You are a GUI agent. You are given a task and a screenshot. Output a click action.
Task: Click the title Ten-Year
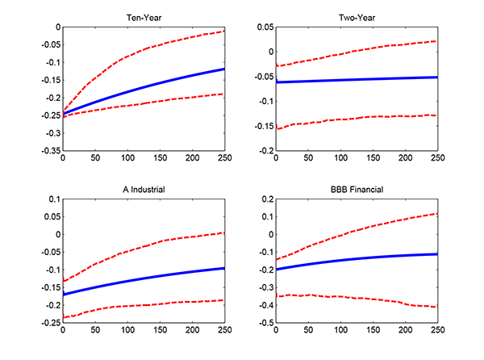pyautogui.click(x=143, y=17)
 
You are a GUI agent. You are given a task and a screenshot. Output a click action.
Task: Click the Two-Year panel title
pyautogui.click(x=356, y=17)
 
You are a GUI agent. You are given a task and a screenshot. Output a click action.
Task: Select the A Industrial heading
pyautogui.click(x=143, y=189)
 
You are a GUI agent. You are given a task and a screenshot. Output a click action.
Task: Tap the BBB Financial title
pyautogui.click(x=356, y=189)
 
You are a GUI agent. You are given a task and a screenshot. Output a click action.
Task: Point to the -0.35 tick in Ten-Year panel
pyautogui.click(x=51, y=150)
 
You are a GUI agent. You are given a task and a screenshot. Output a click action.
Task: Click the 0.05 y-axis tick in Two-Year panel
pyautogui.click(x=265, y=27)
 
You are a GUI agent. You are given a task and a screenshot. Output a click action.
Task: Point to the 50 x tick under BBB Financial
pyautogui.click(x=308, y=330)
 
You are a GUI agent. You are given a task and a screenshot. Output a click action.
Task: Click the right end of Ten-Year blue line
pyautogui.click(x=223, y=69)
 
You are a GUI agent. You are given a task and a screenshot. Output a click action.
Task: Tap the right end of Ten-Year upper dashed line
pyautogui.click(x=223, y=31)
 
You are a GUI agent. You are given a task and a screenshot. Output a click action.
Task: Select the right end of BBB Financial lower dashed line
pyautogui.click(x=436, y=307)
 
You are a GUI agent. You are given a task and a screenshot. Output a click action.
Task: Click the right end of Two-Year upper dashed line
pyautogui.click(x=436, y=41)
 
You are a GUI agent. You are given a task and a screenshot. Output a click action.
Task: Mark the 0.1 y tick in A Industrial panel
pyautogui.click(x=53, y=199)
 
